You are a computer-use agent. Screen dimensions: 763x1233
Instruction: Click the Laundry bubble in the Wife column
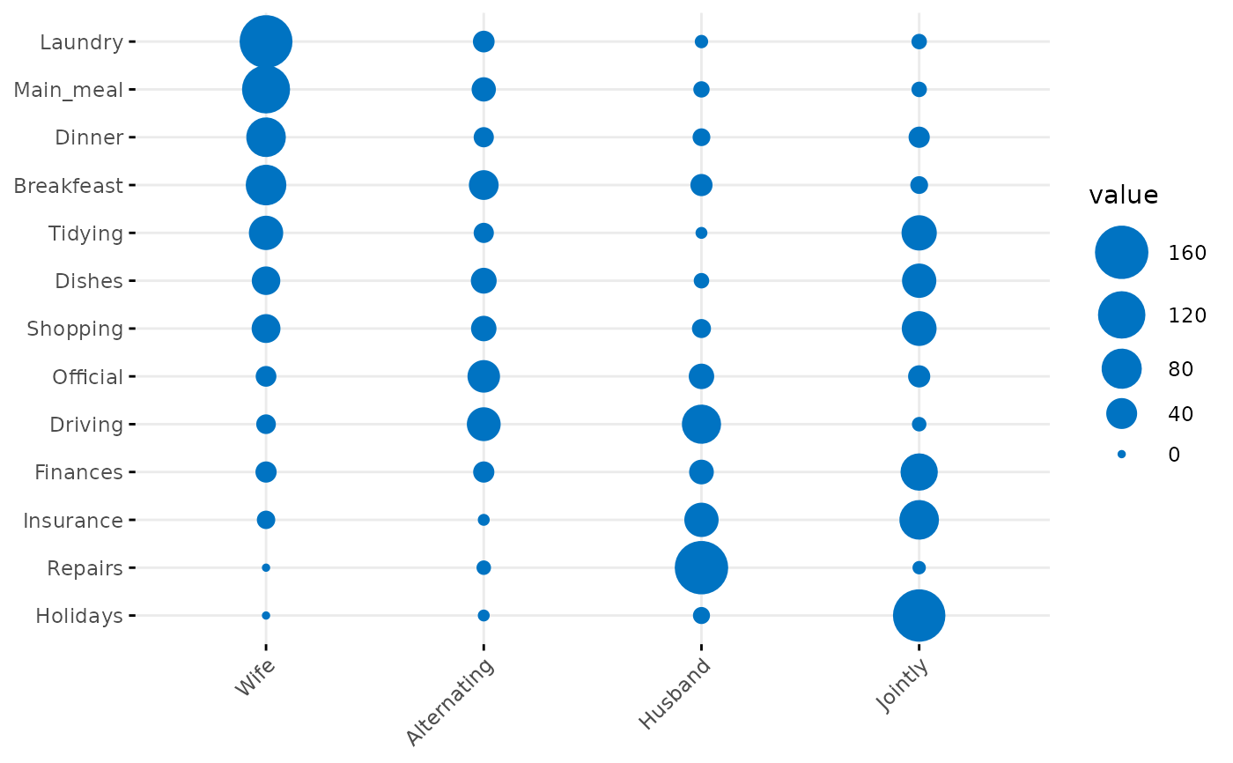coord(266,41)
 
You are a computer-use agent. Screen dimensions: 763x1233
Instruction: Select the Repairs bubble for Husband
coord(701,567)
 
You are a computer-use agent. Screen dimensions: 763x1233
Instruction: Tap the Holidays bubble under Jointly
coord(919,615)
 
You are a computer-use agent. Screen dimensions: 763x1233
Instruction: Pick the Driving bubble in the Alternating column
coord(484,424)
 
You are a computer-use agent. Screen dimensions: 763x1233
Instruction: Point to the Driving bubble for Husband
coord(701,424)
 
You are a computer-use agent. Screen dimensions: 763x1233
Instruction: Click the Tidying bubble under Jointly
coord(919,233)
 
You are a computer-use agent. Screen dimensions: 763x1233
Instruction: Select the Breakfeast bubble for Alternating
coord(484,185)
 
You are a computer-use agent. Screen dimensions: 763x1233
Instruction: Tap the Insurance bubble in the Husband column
coord(701,520)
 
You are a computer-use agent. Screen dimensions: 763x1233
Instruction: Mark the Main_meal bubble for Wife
coord(266,89)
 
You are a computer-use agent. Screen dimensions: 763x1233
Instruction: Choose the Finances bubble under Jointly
coord(919,472)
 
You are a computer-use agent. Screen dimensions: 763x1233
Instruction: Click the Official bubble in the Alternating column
coord(484,376)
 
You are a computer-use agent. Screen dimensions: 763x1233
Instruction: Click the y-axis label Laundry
coord(81,42)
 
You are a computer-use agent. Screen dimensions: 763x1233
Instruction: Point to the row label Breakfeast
coord(69,186)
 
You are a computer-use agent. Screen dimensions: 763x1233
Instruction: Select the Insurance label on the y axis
coord(73,521)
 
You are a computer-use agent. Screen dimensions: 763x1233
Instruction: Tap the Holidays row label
coord(79,616)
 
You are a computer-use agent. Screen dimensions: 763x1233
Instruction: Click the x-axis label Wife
coord(255,677)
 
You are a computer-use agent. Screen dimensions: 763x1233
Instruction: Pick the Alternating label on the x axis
coord(450,701)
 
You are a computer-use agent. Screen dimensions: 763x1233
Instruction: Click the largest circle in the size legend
coord(1121,253)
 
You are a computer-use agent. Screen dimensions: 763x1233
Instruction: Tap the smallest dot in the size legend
coord(1121,454)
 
